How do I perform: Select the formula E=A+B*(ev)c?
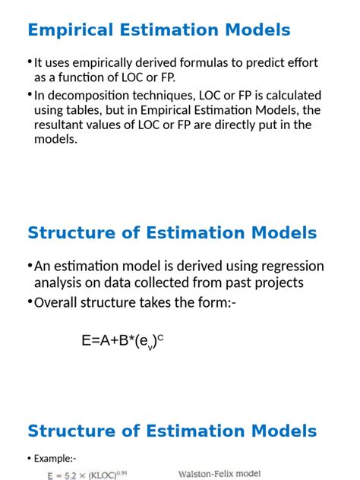(122, 341)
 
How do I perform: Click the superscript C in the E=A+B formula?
(161, 337)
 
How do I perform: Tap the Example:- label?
(54, 458)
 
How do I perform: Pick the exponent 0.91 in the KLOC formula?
(122, 472)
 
